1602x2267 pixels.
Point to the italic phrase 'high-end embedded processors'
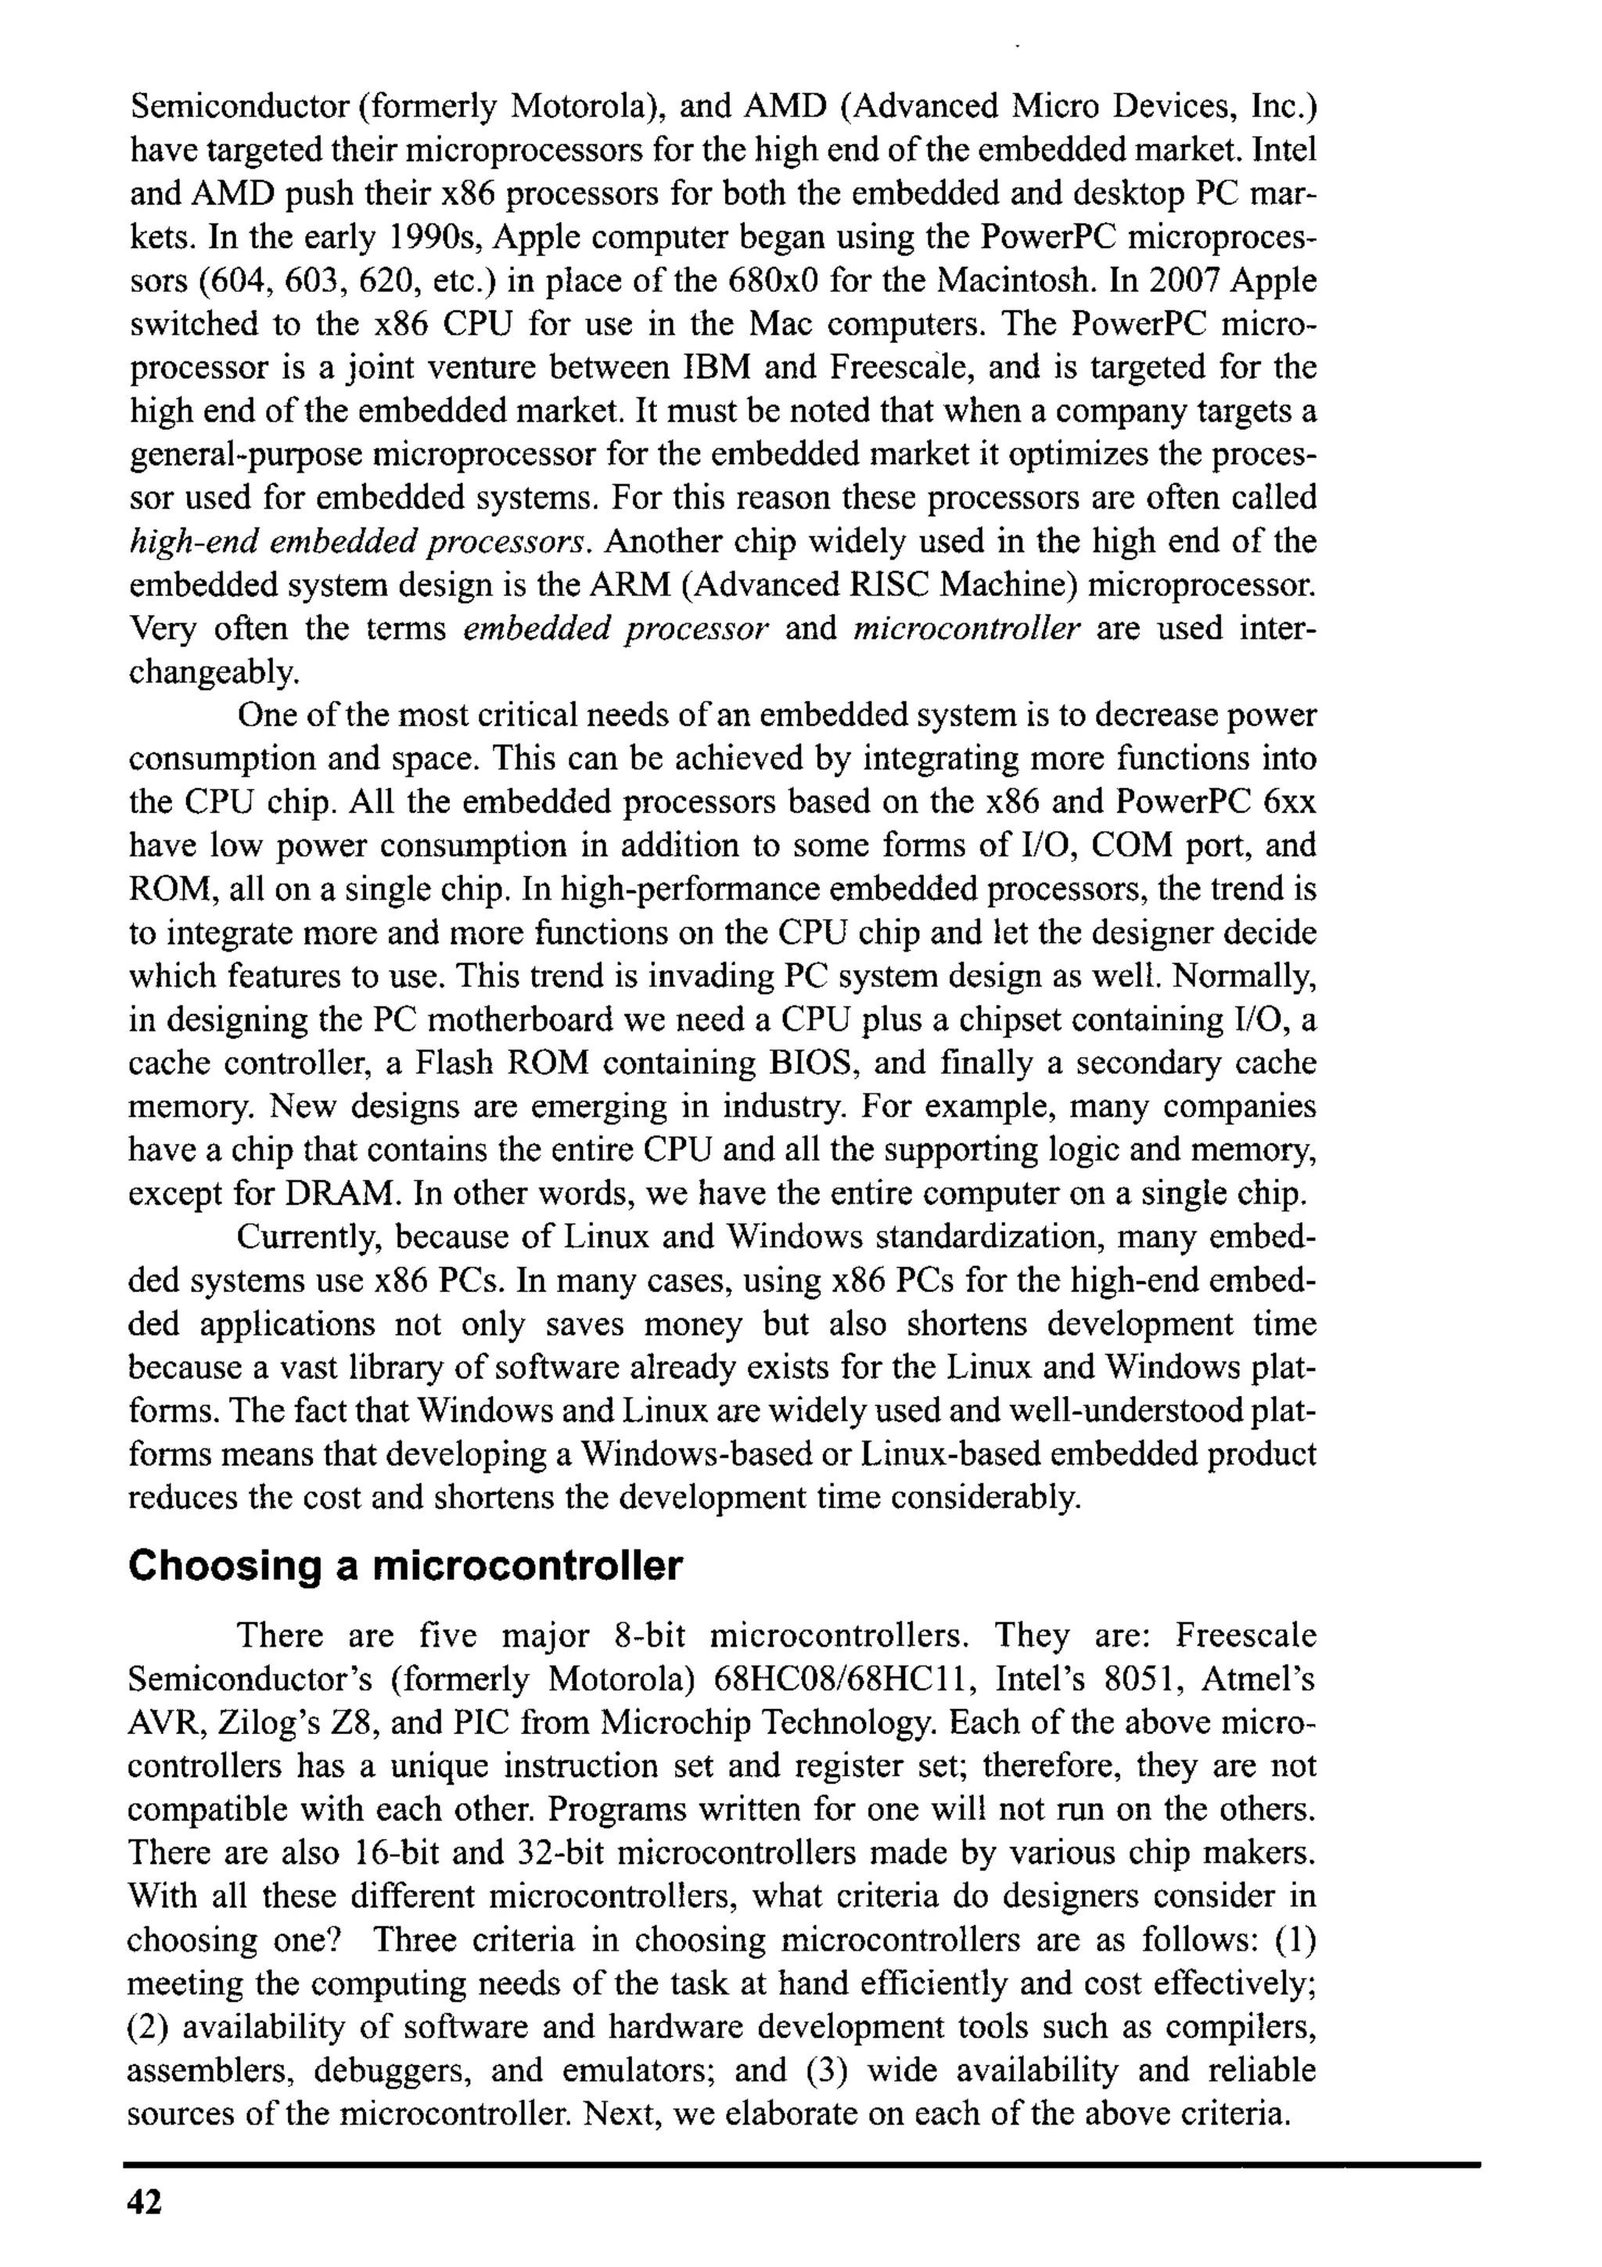[361, 542]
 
